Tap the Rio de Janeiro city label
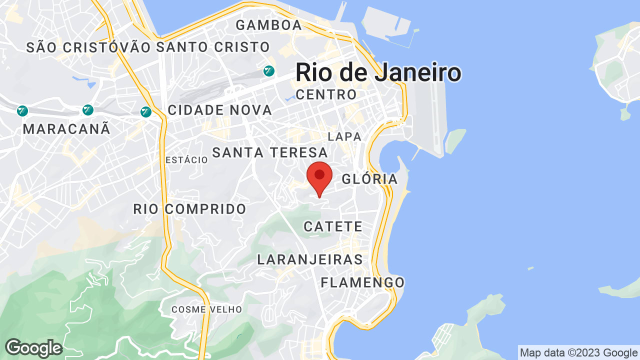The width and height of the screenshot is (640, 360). click(x=378, y=72)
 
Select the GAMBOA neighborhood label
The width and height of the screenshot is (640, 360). click(x=269, y=25)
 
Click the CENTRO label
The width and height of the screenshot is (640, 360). click(x=326, y=94)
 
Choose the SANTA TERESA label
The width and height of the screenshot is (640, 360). click(x=270, y=152)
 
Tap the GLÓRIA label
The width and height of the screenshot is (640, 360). click(x=370, y=179)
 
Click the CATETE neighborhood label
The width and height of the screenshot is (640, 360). click(x=333, y=226)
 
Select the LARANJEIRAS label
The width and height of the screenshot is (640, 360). click(x=310, y=259)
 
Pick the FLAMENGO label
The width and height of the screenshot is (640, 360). click(x=362, y=282)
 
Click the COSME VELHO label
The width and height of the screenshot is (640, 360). click(x=206, y=309)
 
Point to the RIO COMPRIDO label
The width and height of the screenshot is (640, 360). click(x=190, y=209)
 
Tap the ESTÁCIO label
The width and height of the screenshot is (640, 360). click(x=186, y=160)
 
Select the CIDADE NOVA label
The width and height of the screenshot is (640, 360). click(x=220, y=110)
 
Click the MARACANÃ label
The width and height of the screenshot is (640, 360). click(x=66, y=129)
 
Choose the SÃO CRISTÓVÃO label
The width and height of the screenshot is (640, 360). click(x=88, y=47)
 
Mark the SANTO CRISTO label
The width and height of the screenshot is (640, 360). click(x=213, y=47)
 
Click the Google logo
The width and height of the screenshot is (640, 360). click(x=33, y=348)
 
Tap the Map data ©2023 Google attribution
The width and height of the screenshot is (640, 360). click(x=578, y=353)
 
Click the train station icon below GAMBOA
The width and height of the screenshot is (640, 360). click(x=269, y=71)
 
